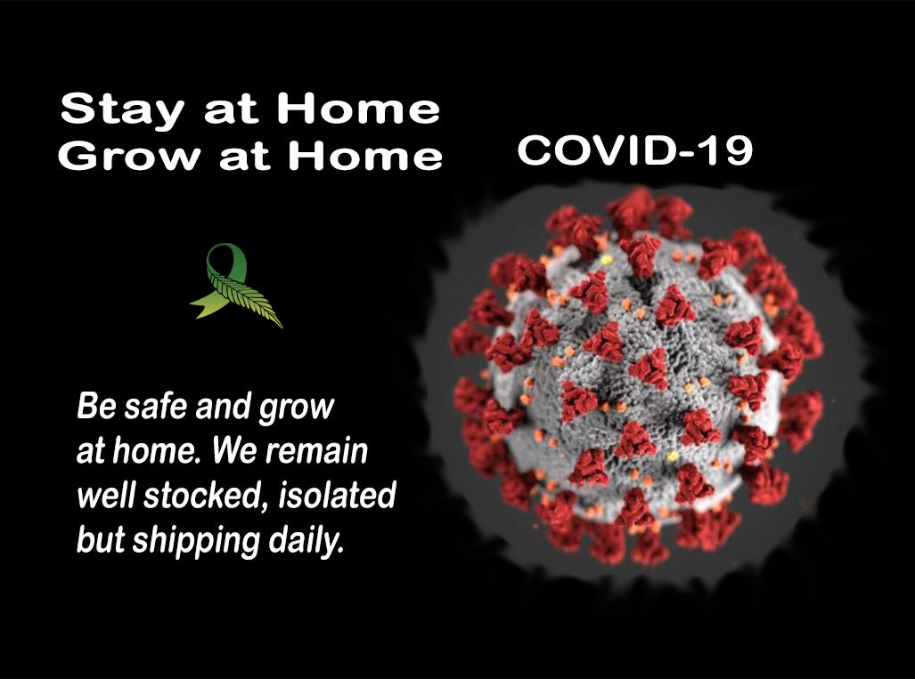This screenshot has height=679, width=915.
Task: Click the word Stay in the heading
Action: coord(122,109)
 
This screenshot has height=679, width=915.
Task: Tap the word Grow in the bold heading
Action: coord(129,156)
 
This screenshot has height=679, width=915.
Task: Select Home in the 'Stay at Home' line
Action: coord(357,109)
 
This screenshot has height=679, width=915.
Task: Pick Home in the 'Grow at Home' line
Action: coord(365,156)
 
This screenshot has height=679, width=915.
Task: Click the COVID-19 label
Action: coord(635,150)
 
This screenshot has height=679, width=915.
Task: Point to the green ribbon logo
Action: coord(236,285)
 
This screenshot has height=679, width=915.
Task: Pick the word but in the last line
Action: coord(101,540)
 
